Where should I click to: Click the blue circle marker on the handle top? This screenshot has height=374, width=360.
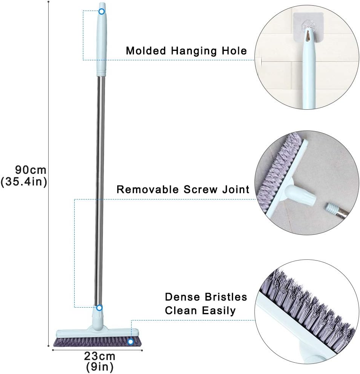tap(102, 11)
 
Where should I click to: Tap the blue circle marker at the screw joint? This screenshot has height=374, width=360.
tap(100, 308)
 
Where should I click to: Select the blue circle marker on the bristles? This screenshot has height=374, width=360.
tap(130, 342)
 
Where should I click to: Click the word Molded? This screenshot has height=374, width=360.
tap(146, 51)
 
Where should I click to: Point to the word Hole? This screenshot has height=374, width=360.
tap(234, 51)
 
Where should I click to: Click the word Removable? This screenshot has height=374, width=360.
tap(147, 190)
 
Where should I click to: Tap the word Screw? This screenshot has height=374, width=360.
tap(201, 190)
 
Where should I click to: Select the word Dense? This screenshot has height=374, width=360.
tap(182, 297)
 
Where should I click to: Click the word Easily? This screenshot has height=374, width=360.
tap(219, 311)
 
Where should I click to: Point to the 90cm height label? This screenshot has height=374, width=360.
tap(31, 170)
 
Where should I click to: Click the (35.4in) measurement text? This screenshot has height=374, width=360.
tap(24, 182)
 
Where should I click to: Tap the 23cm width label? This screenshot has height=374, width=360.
tap(100, 356)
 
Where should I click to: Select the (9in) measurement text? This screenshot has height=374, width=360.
tap(100, 367)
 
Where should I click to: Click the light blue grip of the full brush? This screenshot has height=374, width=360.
tap(101, 39)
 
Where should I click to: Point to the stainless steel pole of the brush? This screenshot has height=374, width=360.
tap(100, 191)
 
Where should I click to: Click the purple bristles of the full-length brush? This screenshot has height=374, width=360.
tap(97, 342)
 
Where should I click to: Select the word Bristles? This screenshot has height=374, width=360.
tap(226, 297)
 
